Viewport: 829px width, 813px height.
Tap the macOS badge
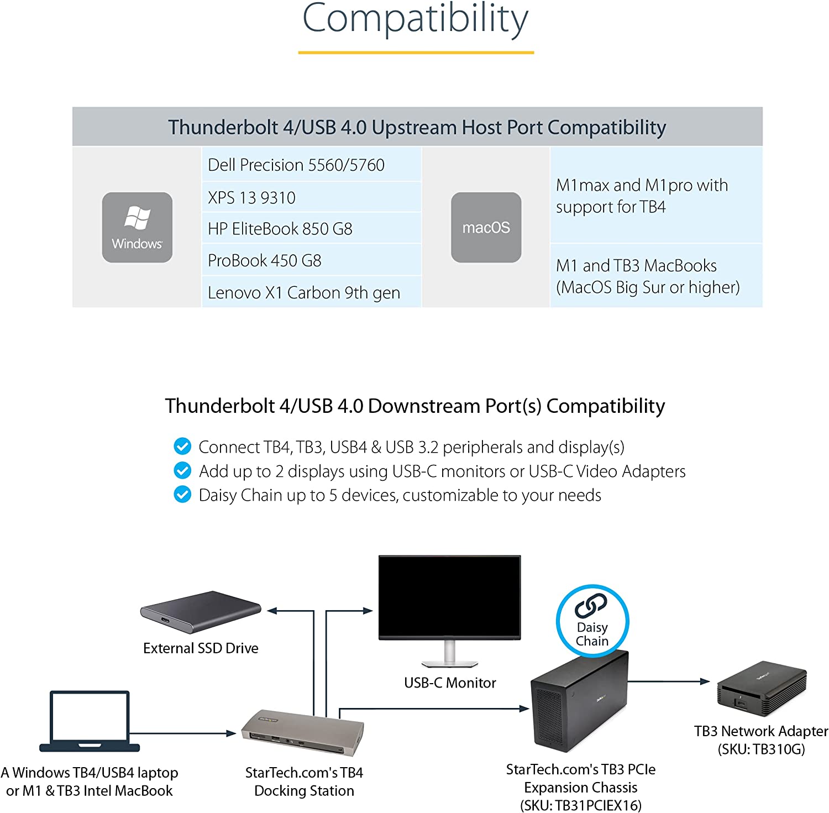[x=486, y=227]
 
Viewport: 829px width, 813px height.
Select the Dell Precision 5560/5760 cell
[x=312, y=165]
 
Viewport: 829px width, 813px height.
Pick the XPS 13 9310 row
[x=312, y=197]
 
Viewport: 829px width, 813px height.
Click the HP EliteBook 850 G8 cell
[x=312, y=228]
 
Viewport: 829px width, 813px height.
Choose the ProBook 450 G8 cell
[x=312, y=260]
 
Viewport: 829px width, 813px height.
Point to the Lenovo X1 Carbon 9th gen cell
[x=312, y=292]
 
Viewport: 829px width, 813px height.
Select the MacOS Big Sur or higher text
[x=648, y=287]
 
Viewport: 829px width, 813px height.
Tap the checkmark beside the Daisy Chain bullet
[x=182, y=494]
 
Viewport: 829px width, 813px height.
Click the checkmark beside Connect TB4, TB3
[x=182, y=445]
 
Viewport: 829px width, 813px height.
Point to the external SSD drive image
[x=201, y=612]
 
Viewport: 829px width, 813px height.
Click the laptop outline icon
[x=90, y=721]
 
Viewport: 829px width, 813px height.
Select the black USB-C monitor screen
[x=449, y=597]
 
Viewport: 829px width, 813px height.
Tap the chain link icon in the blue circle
[x=591, y=605]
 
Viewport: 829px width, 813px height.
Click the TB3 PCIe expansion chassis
[x=580, y=700]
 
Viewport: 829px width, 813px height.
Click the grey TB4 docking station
[x=302, y=732]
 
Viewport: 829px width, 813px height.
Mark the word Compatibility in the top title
[x=416, y=19]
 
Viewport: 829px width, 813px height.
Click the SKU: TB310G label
[x=761, y=749]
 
